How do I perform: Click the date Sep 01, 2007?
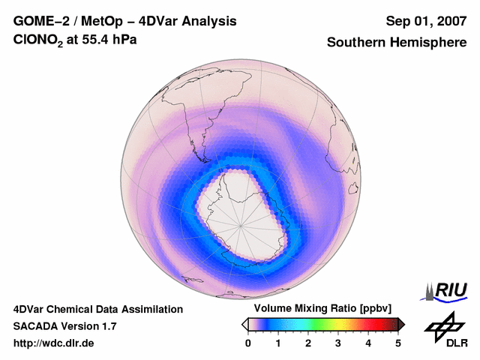[x=426, y=21]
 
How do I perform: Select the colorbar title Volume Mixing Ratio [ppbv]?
[x=322, y=308]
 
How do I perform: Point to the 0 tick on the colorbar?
[x=248, y=343]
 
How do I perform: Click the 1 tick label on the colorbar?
[x=278, y=343]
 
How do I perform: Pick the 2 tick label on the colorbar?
[x=308, y=343]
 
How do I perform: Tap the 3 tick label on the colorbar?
[x=338, y=343]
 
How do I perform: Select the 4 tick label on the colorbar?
[x=368, y=343]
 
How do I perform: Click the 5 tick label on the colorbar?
[x=398, y=343]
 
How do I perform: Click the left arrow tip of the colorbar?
[x=244, y=324]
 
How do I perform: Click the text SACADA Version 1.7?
[x=64, y=326]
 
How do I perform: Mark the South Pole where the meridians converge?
[x=241, y=223]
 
